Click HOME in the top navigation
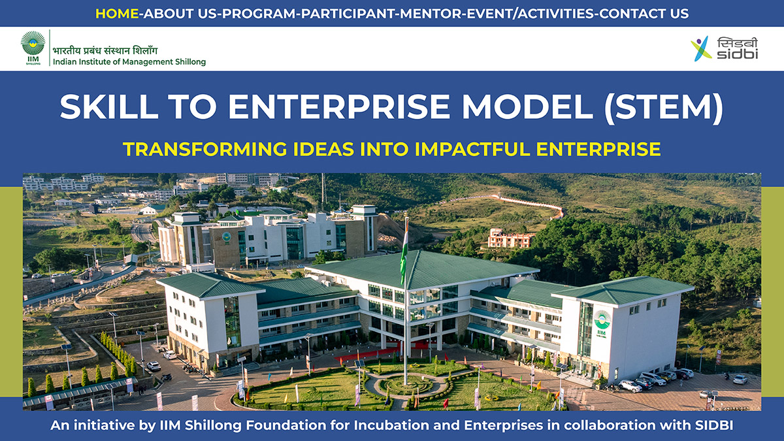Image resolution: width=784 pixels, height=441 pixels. [117, 14]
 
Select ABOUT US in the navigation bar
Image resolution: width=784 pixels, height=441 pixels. [169, 14]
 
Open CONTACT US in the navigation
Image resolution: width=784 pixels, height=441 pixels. [644, 14]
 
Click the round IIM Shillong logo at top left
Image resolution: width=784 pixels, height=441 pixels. [33, 48]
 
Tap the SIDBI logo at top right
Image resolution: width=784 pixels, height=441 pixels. [724, 48]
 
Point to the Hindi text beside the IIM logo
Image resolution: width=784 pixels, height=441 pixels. [105, 51]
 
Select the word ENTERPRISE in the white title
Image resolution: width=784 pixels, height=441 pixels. [339, 106]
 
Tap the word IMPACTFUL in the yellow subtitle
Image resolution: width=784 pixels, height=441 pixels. [472, 149]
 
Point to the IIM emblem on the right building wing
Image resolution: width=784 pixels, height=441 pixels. [602, 323]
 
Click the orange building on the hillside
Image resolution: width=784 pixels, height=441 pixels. [511, 238]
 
